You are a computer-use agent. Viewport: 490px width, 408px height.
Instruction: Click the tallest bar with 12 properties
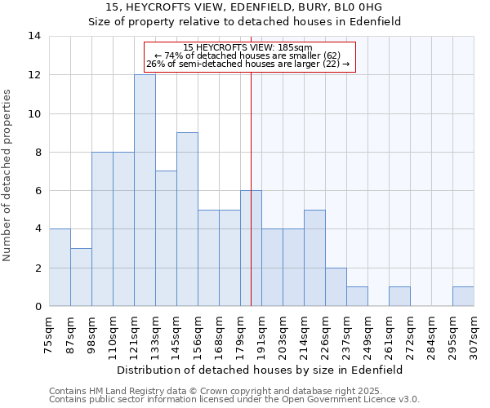[x=145, y=190]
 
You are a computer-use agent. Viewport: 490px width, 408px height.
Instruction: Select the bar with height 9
[x=187, y=220]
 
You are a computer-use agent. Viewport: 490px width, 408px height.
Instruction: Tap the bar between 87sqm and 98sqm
[x=81, y=277]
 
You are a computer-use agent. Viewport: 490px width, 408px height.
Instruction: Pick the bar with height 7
[x=166, y=238]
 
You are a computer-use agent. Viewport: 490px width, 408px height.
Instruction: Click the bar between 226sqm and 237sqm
[x=336, y=287]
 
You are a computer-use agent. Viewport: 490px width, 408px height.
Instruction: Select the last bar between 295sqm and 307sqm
[x=463, y=297]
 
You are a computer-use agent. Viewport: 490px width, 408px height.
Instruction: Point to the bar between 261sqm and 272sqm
[x=399, y=297]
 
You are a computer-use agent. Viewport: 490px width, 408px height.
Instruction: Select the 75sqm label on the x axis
[x=50, y=332]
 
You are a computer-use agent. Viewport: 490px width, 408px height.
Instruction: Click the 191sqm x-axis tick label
[x=261, y=332]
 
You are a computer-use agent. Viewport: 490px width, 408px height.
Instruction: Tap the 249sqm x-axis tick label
[x=367, y=332]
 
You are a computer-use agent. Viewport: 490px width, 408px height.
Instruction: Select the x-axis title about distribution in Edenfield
[x=261, y=370]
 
